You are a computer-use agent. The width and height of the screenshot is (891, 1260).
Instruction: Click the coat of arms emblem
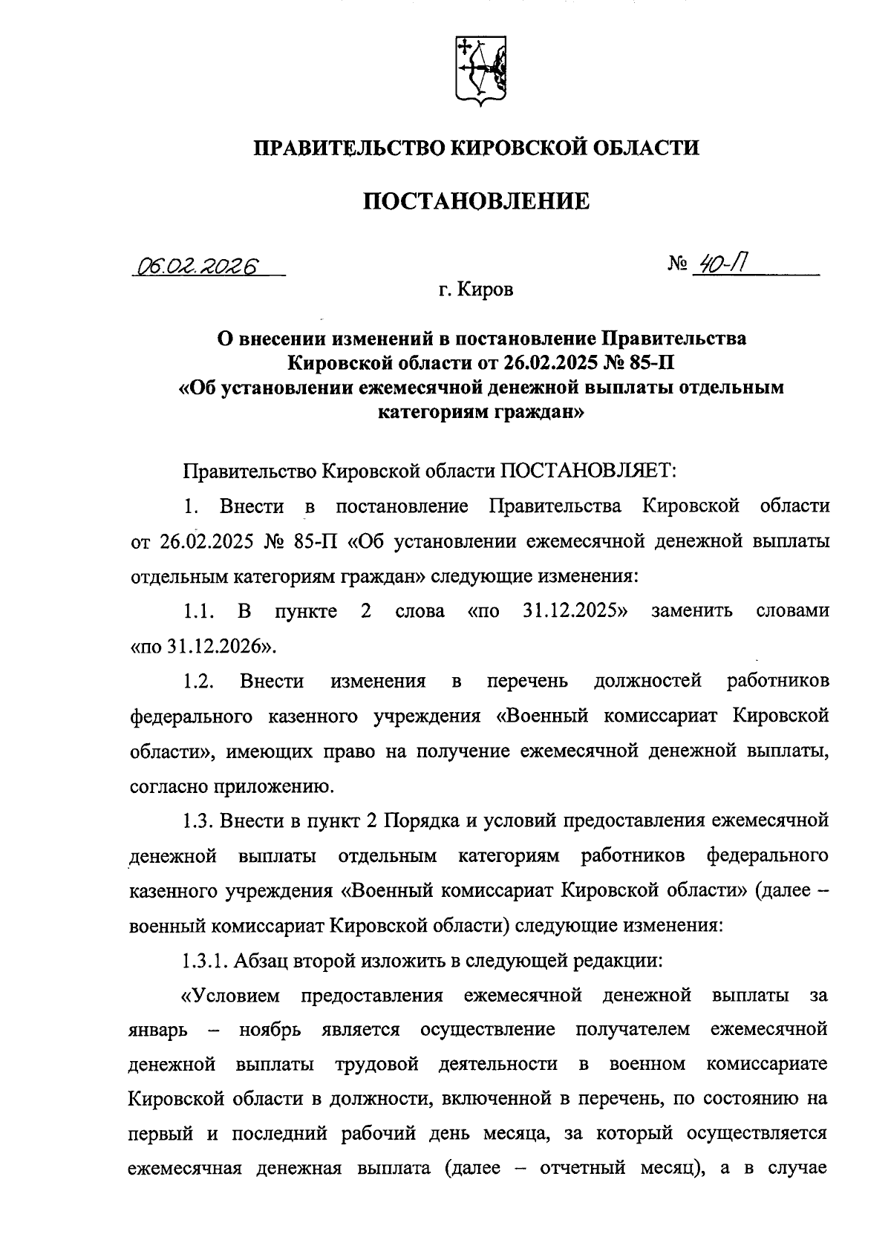pyautogui.click(x=480, y=71)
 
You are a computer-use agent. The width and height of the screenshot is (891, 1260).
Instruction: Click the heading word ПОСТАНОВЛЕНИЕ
pyautogui.click(x=476, y=201)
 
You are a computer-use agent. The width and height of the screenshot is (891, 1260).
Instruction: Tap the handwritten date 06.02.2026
pyautogui.click(x=195, y=266)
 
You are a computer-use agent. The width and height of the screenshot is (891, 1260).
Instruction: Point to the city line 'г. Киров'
pyautogui.click(x=475, y=290)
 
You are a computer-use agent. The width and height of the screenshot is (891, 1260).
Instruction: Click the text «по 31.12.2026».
pyautogui.click(x=205, y=646)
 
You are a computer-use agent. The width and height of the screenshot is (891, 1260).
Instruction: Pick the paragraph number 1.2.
pyautogui.click(x=199, y=681)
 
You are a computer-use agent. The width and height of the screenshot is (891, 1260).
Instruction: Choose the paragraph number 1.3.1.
pyautogui.click(x=204, y=961)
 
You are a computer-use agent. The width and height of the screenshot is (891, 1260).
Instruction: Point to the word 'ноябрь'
pyautogui.click(x=270, y=1031)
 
